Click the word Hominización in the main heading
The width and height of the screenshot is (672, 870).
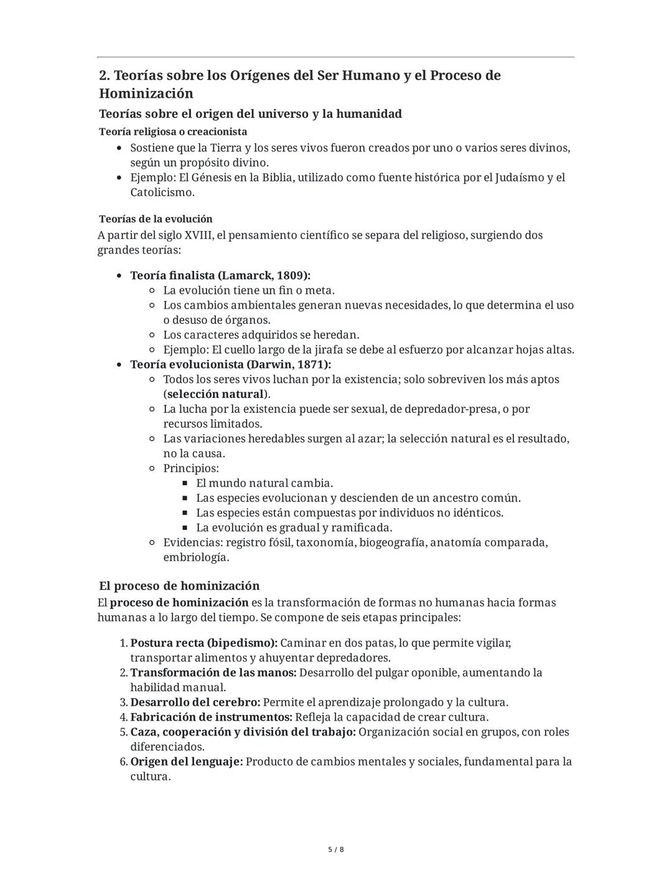(x=146, y=93)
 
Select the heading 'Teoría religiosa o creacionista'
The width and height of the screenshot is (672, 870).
(x=173, y=131)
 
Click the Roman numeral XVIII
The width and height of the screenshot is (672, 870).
(x=198, y=235)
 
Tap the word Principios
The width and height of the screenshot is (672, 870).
(x=190, y=468)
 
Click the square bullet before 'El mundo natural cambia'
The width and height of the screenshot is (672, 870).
(x=185, y=483)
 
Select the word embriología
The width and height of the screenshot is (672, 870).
(x=195, y=557)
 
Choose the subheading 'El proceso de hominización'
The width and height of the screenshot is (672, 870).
(x=179, y=586)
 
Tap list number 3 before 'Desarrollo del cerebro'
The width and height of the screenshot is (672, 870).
(x=123, y=702)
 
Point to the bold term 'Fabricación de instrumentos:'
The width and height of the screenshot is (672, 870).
(x=211, y=717)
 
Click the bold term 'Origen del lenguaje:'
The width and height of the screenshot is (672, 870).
(x=186, y=762)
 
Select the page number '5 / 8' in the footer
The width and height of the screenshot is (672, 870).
(x=336, y=849)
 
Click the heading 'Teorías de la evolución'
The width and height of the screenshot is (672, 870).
(x=156, y=219)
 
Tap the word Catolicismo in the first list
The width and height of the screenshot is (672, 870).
(x=162, y=192)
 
